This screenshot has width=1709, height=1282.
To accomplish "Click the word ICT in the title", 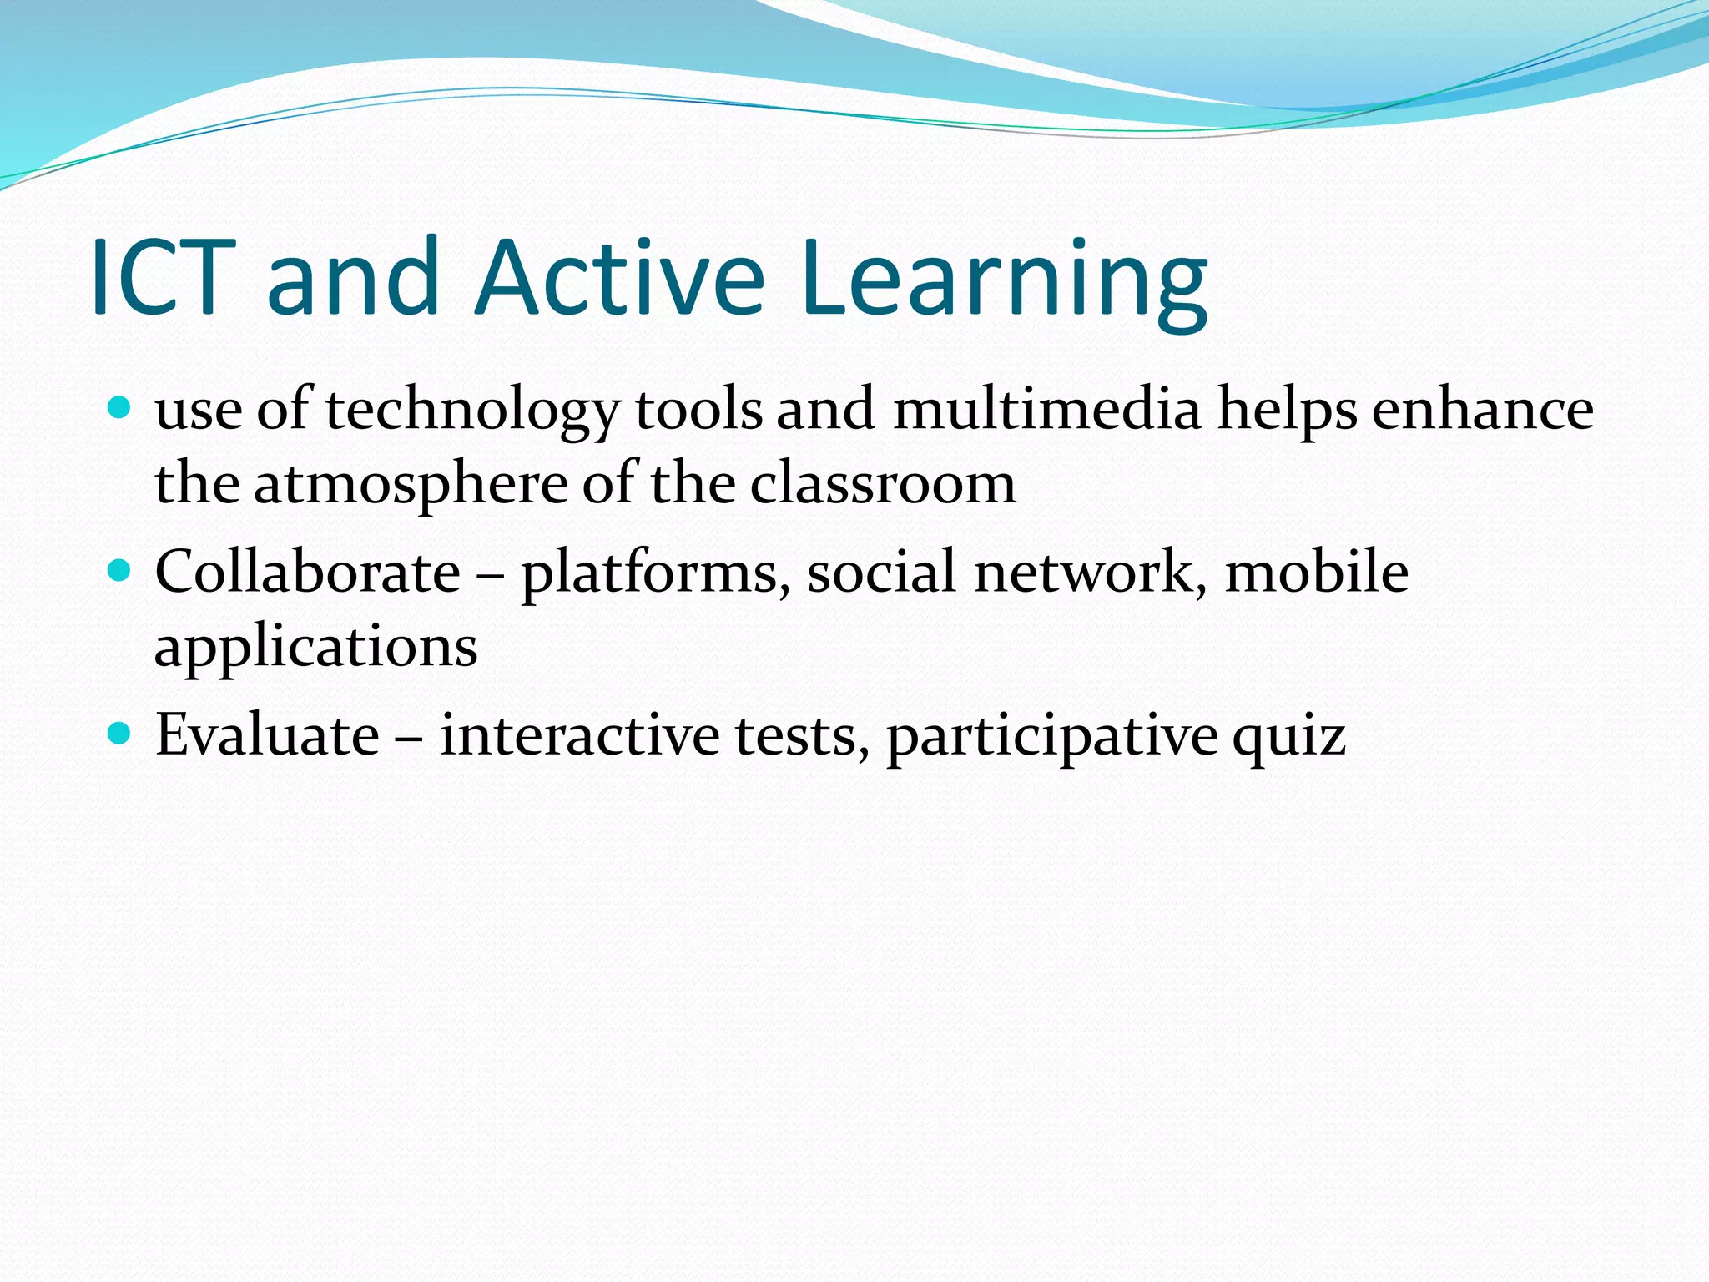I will coord(159,277).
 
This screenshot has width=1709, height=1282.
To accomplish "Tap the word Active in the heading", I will coord(619,277).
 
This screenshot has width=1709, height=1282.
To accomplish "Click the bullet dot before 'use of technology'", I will coord(121,408).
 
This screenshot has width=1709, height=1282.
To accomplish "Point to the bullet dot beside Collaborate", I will coord(121,571).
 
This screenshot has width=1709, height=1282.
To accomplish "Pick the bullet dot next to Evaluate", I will coord(121,734).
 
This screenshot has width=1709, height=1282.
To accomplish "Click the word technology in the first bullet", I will coord(472,411).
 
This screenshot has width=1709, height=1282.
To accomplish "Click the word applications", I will coord(316,648).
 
